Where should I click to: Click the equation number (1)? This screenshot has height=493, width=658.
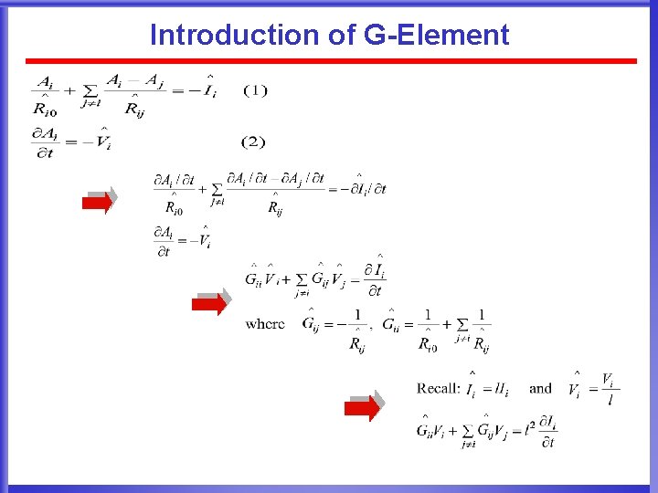(x=255, y=89)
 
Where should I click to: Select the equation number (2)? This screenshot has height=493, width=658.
(x=253, y=142)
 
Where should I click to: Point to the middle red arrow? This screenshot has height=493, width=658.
(x=209, y=303)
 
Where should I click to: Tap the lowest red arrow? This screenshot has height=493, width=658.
(x=363, y=408)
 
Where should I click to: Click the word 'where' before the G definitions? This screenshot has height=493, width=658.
(x=264, y=324)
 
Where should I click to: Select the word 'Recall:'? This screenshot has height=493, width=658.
(x=438, y=389)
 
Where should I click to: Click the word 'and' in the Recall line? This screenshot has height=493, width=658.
(x=540, y=388)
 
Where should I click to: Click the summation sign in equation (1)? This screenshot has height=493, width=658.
(x=90, y=91)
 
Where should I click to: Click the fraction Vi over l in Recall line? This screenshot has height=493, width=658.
(x=608, y=388)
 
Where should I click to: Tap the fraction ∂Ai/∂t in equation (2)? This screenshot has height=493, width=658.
(x=43, y=143)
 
